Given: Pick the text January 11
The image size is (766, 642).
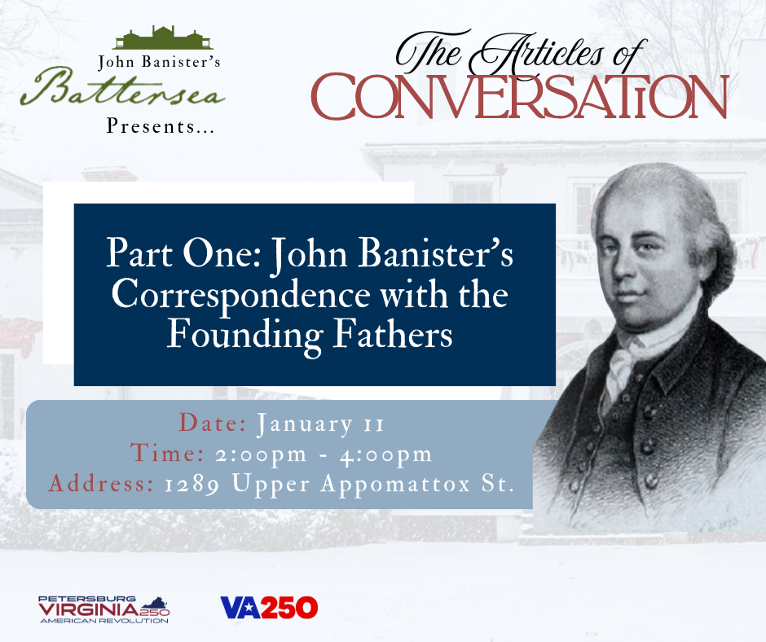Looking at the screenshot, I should coord(320,424).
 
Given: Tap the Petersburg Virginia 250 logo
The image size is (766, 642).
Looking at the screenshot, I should coord(103,608).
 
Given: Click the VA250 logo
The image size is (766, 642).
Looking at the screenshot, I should coord(268,607).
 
